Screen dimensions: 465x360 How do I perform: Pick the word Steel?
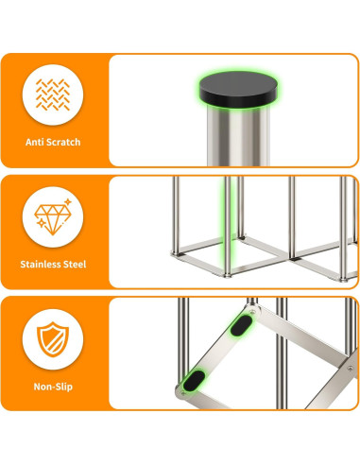pos(76,264)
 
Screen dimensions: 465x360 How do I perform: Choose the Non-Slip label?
pos(53,386)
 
